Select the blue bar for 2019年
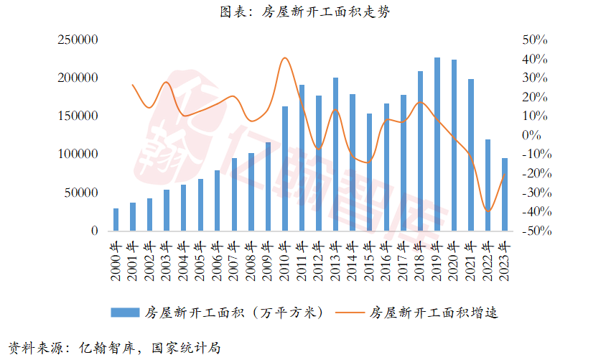[437, 144]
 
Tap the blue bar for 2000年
[116, 220]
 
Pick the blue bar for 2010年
[285, 169]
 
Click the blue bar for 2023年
[504, 195]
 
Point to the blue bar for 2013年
[335, 154]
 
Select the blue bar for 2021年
[471, 155]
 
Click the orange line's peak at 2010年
[285, 58]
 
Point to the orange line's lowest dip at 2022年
[488, 211]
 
